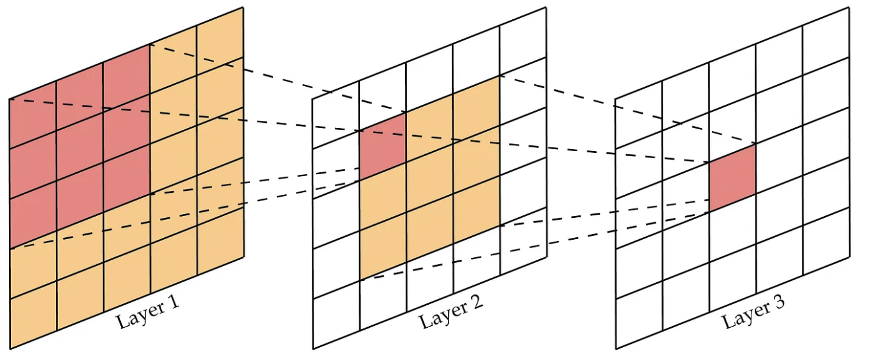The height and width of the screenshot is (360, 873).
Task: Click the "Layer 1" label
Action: tap(148, 311)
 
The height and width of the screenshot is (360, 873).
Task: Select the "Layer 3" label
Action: tap(753, 311)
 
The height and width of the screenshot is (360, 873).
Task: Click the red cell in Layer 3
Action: tap(732, 177)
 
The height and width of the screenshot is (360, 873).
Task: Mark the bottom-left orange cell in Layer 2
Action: tap(382, 251)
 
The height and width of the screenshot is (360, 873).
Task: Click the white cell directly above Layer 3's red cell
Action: tap(732, 129)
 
